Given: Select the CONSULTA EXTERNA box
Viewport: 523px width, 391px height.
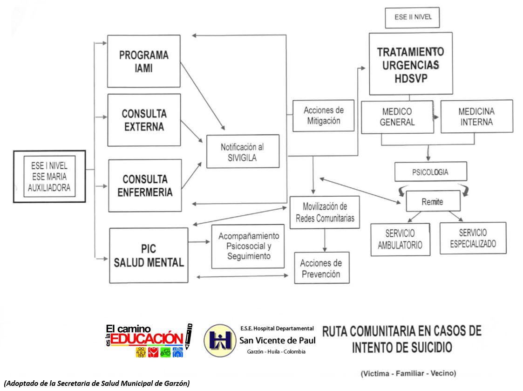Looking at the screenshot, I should [x=143, y=120].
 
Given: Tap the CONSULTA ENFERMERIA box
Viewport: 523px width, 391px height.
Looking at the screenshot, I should [x=144, y=185].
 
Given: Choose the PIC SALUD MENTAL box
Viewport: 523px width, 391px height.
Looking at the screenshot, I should [x=149, y=255].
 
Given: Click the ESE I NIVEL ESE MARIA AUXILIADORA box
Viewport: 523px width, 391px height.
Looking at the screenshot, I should [x=49, y=176].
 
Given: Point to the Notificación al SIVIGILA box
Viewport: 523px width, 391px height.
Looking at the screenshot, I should [x=242, y=152].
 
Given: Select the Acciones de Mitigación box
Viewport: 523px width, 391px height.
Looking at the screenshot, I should [x=323, y=116].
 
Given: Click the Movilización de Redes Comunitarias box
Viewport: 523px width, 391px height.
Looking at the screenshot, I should [x=324, y=212].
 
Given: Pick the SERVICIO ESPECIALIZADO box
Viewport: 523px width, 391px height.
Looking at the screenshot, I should [x=472, y=238].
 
